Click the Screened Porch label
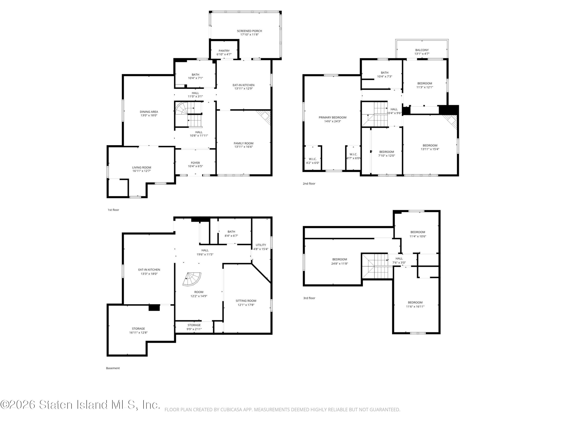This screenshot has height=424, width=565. click(249, 31)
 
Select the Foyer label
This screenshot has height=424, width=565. click(195, 163)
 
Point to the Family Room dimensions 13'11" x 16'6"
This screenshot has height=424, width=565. click(243, 147)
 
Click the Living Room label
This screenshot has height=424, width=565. click(141, 167)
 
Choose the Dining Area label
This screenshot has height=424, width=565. click(149, 112)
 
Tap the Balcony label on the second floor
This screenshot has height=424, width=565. click(422, 50)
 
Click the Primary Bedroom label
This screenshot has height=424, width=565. click(333, 117)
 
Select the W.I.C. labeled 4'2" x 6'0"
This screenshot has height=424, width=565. click(313, 161)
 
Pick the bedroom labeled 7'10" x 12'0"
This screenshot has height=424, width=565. click(386, 154)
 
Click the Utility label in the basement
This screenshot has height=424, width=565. click(261, 245)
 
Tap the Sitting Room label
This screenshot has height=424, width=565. click(246, 301)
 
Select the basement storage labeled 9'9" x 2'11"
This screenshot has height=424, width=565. click(194, 327)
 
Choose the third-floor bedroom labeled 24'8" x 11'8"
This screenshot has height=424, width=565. click(339, 261)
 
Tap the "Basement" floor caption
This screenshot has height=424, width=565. click(113, 368)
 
